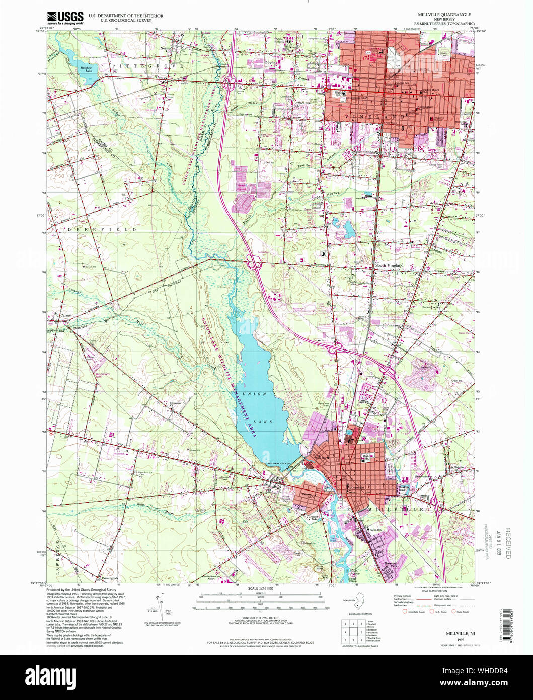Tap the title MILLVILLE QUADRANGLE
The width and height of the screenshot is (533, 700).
443,15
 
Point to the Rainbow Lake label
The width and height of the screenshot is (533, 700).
88,69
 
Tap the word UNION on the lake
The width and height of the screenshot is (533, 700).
254,394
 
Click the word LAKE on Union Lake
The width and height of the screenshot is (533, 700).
263,422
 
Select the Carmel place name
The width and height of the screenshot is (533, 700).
66,316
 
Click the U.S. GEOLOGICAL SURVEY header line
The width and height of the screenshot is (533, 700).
125,21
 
